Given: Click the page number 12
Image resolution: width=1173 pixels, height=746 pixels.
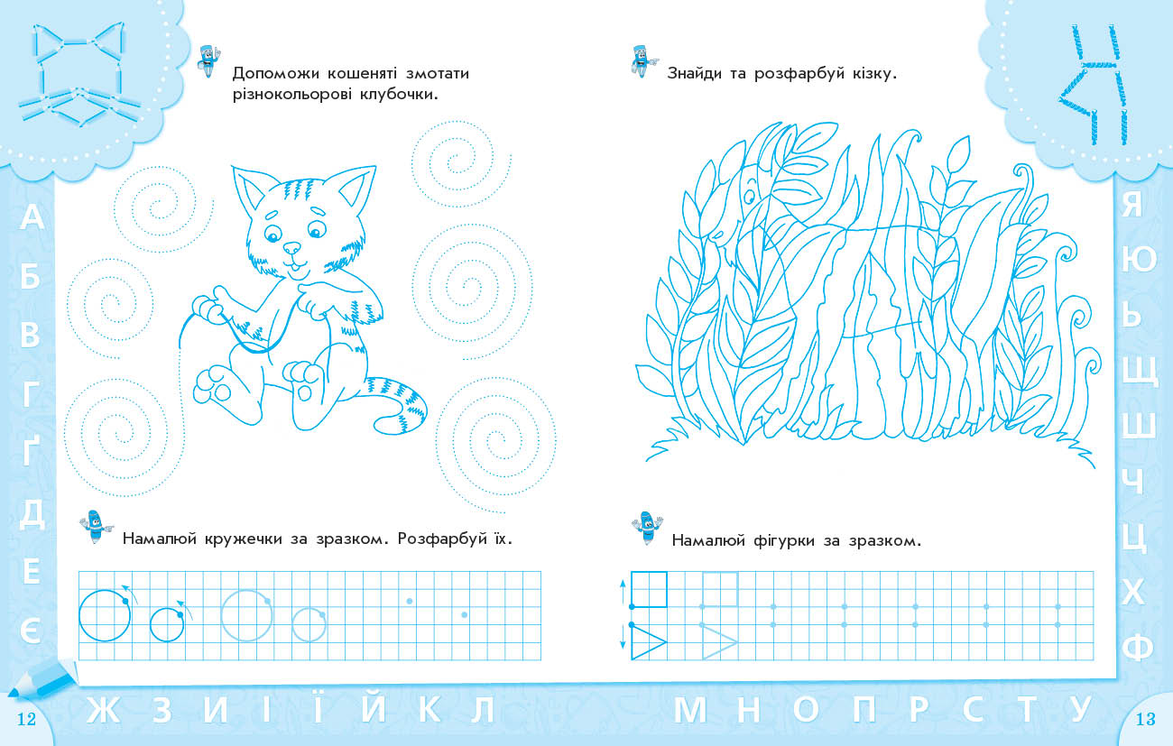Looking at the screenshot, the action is click(x=26, y=719).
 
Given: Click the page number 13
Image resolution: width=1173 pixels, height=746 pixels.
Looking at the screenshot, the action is click(x=1145, y=719).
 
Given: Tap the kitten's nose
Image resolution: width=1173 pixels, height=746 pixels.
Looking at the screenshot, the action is click(x=291, y=247).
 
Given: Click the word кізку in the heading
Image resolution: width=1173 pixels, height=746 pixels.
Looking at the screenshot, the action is click(x=868, y=73).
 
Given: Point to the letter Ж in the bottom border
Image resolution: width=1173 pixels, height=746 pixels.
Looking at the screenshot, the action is click(x=103, y=710).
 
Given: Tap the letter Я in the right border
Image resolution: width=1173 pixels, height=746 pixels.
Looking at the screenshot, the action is click(x=1132, y=204).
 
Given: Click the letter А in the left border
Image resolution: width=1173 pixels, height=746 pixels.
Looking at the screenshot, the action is click(x=32, y=216).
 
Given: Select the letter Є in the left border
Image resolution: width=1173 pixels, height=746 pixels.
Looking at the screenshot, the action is click(x=31, y=631).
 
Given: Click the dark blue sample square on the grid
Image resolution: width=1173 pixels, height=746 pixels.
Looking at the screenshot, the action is click(x=649, y=589).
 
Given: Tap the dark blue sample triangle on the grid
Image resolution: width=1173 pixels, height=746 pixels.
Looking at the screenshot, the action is click(x=648, y=642).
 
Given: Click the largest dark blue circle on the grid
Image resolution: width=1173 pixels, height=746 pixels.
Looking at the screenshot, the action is click(x=105, y=615).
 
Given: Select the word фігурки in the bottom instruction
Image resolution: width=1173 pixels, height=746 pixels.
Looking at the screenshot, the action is click(x=784, y=540).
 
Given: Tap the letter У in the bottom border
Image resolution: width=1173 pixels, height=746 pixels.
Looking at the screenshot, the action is click(x=1080, y=710).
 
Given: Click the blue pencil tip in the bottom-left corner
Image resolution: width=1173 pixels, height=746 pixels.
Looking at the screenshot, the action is click(x=14, y=693).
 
